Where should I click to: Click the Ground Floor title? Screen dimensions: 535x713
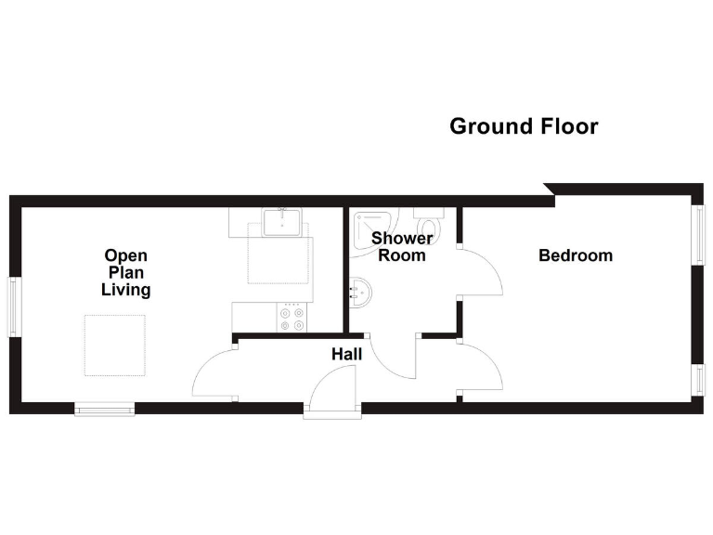click(524, 126)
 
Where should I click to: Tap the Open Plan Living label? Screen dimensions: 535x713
click(126, 272)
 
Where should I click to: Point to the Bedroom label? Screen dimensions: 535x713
click(576, 255)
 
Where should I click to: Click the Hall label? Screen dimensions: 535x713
click(347, 354)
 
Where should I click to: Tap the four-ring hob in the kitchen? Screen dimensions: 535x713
click(292, 318)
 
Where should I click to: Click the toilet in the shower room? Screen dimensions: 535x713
click(429, 225)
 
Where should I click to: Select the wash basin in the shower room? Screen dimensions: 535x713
click(360, 294)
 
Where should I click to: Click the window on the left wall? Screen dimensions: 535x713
click(14, 307)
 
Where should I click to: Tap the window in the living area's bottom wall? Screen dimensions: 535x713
click(105, 408)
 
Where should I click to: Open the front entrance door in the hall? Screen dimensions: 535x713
click(331, 388)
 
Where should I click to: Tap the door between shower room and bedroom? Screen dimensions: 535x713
click(481, 272)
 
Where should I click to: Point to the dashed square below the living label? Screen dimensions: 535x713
click(115, 346)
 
